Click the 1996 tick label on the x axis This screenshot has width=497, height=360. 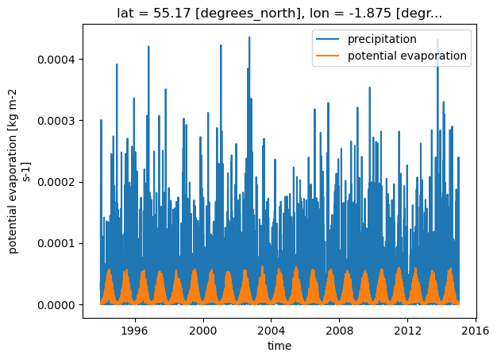tap(135, 331)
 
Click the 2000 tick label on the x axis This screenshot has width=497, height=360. tap(203, 331)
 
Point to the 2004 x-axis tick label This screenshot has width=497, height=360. tap(271, 331)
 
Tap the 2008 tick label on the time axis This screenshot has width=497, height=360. tap(339, 331)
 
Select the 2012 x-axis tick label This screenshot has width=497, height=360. tap(407, 331)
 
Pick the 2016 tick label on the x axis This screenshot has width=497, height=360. tap(476, 331)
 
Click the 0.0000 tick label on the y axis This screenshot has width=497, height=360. tap(56, 305)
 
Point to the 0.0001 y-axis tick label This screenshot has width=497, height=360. tap(56, 244)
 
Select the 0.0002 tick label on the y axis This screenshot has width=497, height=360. tap(56, 182)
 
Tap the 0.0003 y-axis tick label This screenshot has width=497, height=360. tap(56, 121)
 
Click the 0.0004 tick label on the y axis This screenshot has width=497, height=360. tap(56, 60)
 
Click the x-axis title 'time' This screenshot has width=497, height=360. tap(279, 346)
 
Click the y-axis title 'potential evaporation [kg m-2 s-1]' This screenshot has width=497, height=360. tap(18, 172)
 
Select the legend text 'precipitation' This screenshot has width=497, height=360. tap(382, 39)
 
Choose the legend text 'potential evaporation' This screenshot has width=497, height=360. tap(407, 56)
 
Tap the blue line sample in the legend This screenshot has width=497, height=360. tap(327, 39)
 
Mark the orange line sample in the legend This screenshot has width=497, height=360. tap(327, 56)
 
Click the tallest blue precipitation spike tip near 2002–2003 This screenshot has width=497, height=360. tap(249, 37)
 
